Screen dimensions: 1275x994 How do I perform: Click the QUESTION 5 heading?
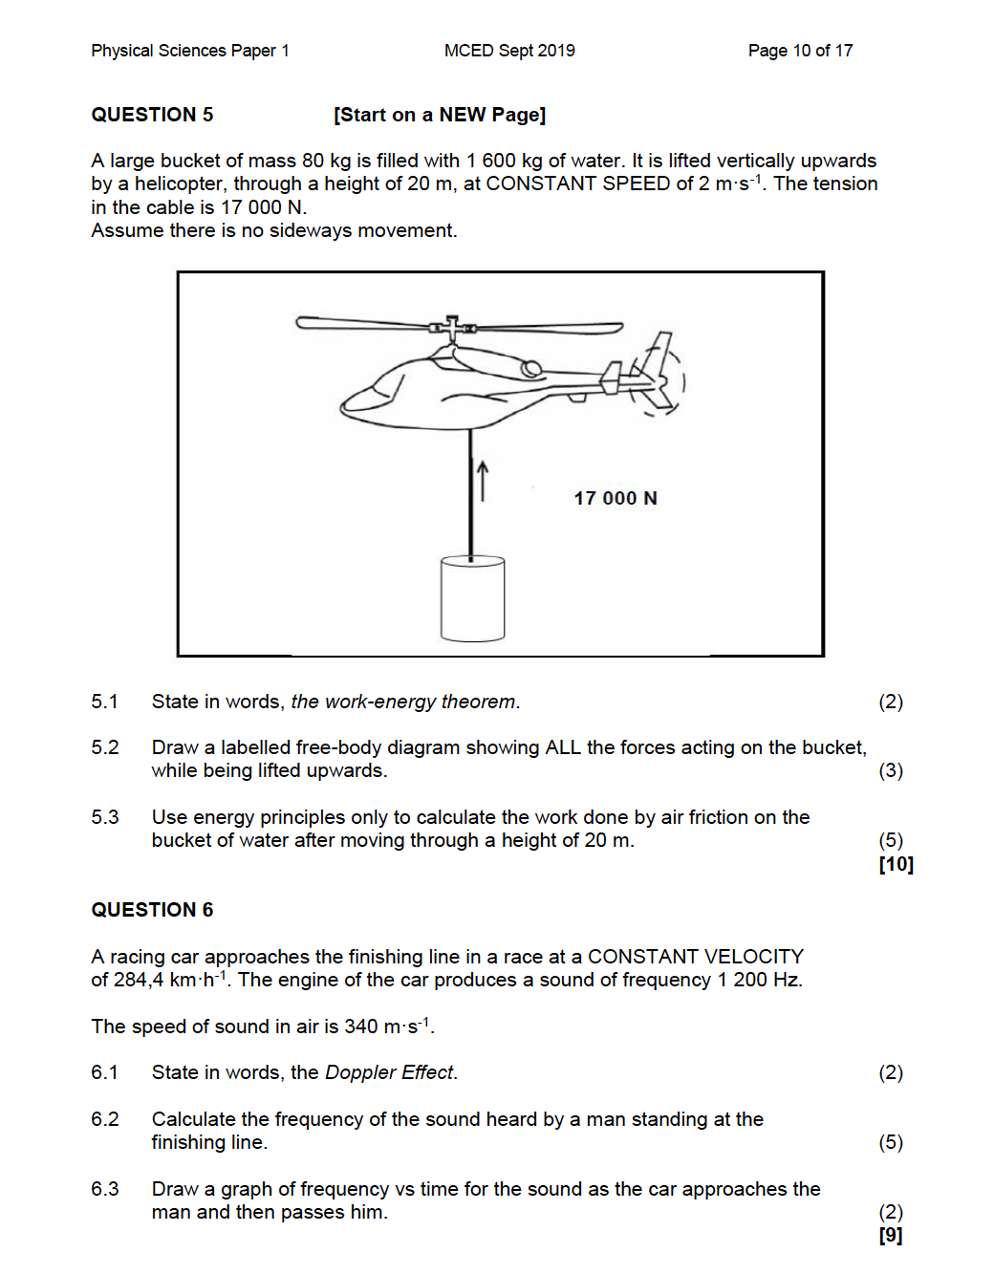tap(152, 115)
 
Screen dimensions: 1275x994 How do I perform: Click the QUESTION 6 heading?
tap(152, 910)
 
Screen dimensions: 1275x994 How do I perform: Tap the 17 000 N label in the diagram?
tap(616, 498)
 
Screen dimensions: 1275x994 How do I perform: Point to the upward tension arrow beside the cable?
tap(483, 480)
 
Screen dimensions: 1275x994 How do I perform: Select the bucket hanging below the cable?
tap(472, 598)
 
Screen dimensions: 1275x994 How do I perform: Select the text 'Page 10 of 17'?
tap(800, 51)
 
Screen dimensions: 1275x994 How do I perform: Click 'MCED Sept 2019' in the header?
tap(509, 51)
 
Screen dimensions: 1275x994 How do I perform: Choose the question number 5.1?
tap(105, 702)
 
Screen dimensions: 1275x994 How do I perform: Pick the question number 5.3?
tap(105, 817)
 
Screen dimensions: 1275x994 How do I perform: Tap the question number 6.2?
tap(105, 1119)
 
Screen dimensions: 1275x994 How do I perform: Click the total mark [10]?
tap(896, 864)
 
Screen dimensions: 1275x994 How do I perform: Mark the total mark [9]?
tap(891, 1235)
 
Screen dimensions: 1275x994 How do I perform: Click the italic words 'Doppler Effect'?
tap(390, 1072)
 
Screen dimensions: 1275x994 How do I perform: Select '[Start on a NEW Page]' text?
tap(440, 115)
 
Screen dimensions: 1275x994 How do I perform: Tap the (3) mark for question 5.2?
tap(891, 770)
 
